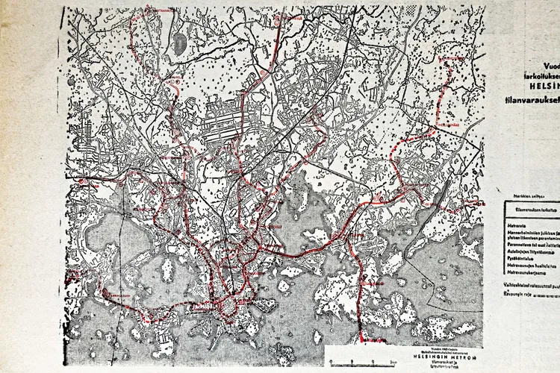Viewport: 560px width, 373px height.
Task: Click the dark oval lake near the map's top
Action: [180, 44]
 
